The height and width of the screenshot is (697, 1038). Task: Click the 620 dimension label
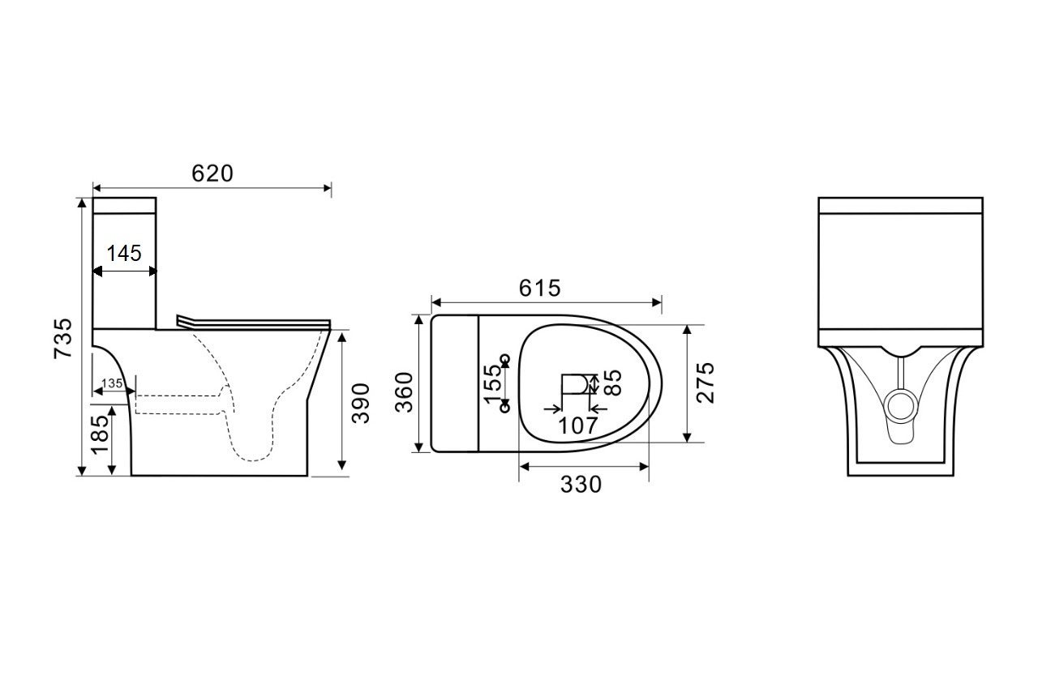pyautogui.click(x=212, y=173)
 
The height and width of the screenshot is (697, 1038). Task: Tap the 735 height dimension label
pyautogui.click(x=63, y=339)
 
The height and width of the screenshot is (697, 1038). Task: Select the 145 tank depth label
pyautogui.click(x=124, y=254)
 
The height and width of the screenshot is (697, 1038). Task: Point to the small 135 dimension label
pyautogui.click(x=112, y=383)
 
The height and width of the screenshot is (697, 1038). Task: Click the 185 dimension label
pyautogui.click(x=100, y=434)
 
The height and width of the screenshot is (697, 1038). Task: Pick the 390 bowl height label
pyautogui.click(x=361, y=404)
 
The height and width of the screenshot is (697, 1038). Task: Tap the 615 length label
pyautogui.click(x=539, y=288)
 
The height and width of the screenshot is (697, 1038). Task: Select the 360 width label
pyautogui.click(x=404, y=392)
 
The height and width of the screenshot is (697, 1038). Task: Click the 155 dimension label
pyautogui.click(x=492, y=384)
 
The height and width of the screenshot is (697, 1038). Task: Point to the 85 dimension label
pyautogui.click(x=613, y=383)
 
